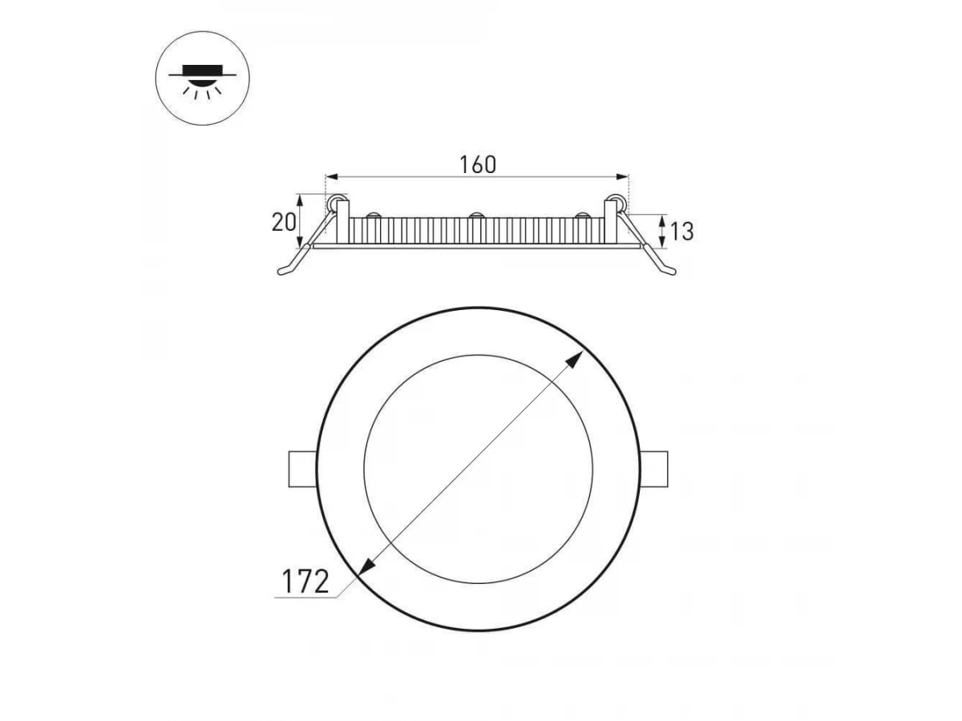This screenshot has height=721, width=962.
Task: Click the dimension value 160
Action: coord(478,164)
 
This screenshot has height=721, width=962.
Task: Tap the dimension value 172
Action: coord(305,582)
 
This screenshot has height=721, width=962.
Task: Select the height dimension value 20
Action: coord(284,222)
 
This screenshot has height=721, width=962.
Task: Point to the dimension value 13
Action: coord(682,232)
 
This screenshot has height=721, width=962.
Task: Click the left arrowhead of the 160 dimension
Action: coord(332,177)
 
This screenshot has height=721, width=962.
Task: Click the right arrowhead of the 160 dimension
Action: coord(622,177)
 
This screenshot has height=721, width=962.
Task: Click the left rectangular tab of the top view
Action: coord(302,469)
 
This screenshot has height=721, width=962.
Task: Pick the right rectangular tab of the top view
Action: coord(654,469)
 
